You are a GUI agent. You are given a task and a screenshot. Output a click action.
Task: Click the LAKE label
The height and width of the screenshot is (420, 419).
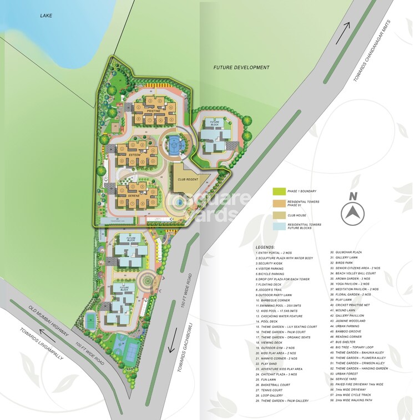tap(46, 16)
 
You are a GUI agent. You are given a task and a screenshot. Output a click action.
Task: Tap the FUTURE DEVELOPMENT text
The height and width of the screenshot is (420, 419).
tap(241, 68)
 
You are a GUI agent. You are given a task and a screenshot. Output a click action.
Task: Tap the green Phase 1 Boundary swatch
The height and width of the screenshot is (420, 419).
tap(278, 191)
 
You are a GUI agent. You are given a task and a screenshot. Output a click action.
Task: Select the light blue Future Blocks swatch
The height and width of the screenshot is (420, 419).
tap(278, 225)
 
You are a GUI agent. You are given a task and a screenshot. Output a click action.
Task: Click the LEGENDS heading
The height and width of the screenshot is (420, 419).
tap(265, 246)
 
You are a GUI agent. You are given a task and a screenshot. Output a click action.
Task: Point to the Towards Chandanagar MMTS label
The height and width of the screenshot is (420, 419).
tap(372, 50)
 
